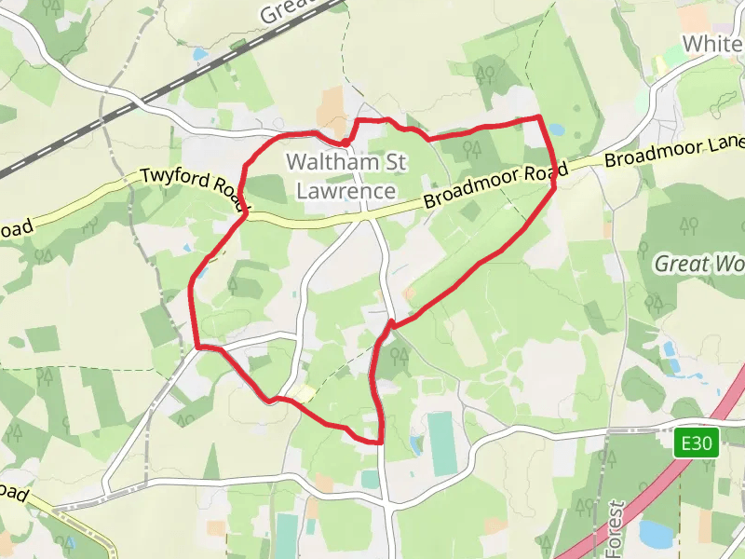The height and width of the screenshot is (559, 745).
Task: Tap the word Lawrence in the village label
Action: coord(345,191)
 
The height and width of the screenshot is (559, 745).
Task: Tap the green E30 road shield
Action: coord(698,444)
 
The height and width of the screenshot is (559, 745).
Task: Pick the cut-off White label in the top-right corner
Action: coord(712,44)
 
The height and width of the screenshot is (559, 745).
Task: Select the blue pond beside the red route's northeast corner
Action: coord(557,130)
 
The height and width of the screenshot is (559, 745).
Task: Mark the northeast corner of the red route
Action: coord(540,116)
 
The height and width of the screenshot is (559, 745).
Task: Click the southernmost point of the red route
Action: coord(382,442)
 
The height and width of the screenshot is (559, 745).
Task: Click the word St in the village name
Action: coord(395,162)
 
